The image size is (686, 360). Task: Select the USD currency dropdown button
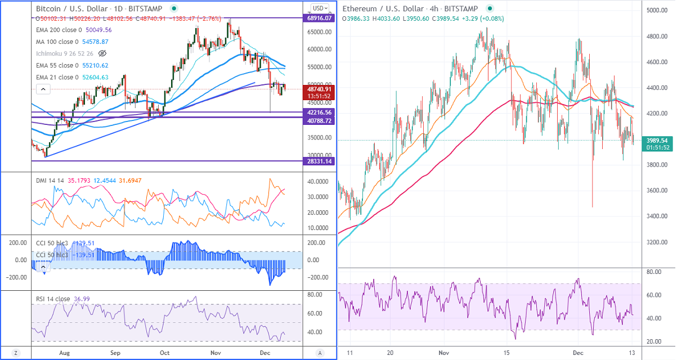pyautogui.click(x=320, y=8)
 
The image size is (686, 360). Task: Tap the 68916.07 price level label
pyautogui.click(x=320, y=19)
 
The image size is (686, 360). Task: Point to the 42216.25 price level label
pyautogui.click(x=320, y=112)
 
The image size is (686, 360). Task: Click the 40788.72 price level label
pyautogui.click(x=320, y=120)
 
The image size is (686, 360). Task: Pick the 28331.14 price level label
pyautogui.click(x=320, y=161)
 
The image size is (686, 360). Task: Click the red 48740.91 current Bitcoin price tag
pyautogui.click(x=320, y=89)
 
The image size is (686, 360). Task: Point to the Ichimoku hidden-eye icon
pyautogui.click(x=102, y=53)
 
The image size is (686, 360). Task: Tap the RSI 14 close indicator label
pyautogui.click(x=52, y=299)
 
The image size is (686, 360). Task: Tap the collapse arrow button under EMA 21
pyautogui.click(x=43, y=89)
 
